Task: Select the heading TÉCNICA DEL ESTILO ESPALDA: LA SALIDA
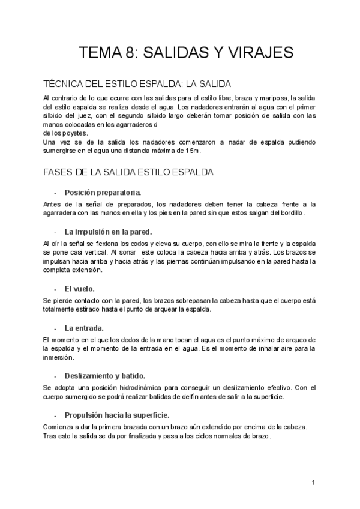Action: [137, 83]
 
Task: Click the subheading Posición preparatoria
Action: [103, 193]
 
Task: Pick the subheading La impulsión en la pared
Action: [108, 231]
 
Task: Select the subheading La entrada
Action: [84, 328]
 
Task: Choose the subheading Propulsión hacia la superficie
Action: [117, 415]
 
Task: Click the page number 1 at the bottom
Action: [314, 482]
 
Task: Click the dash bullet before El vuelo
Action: [56, 289]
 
